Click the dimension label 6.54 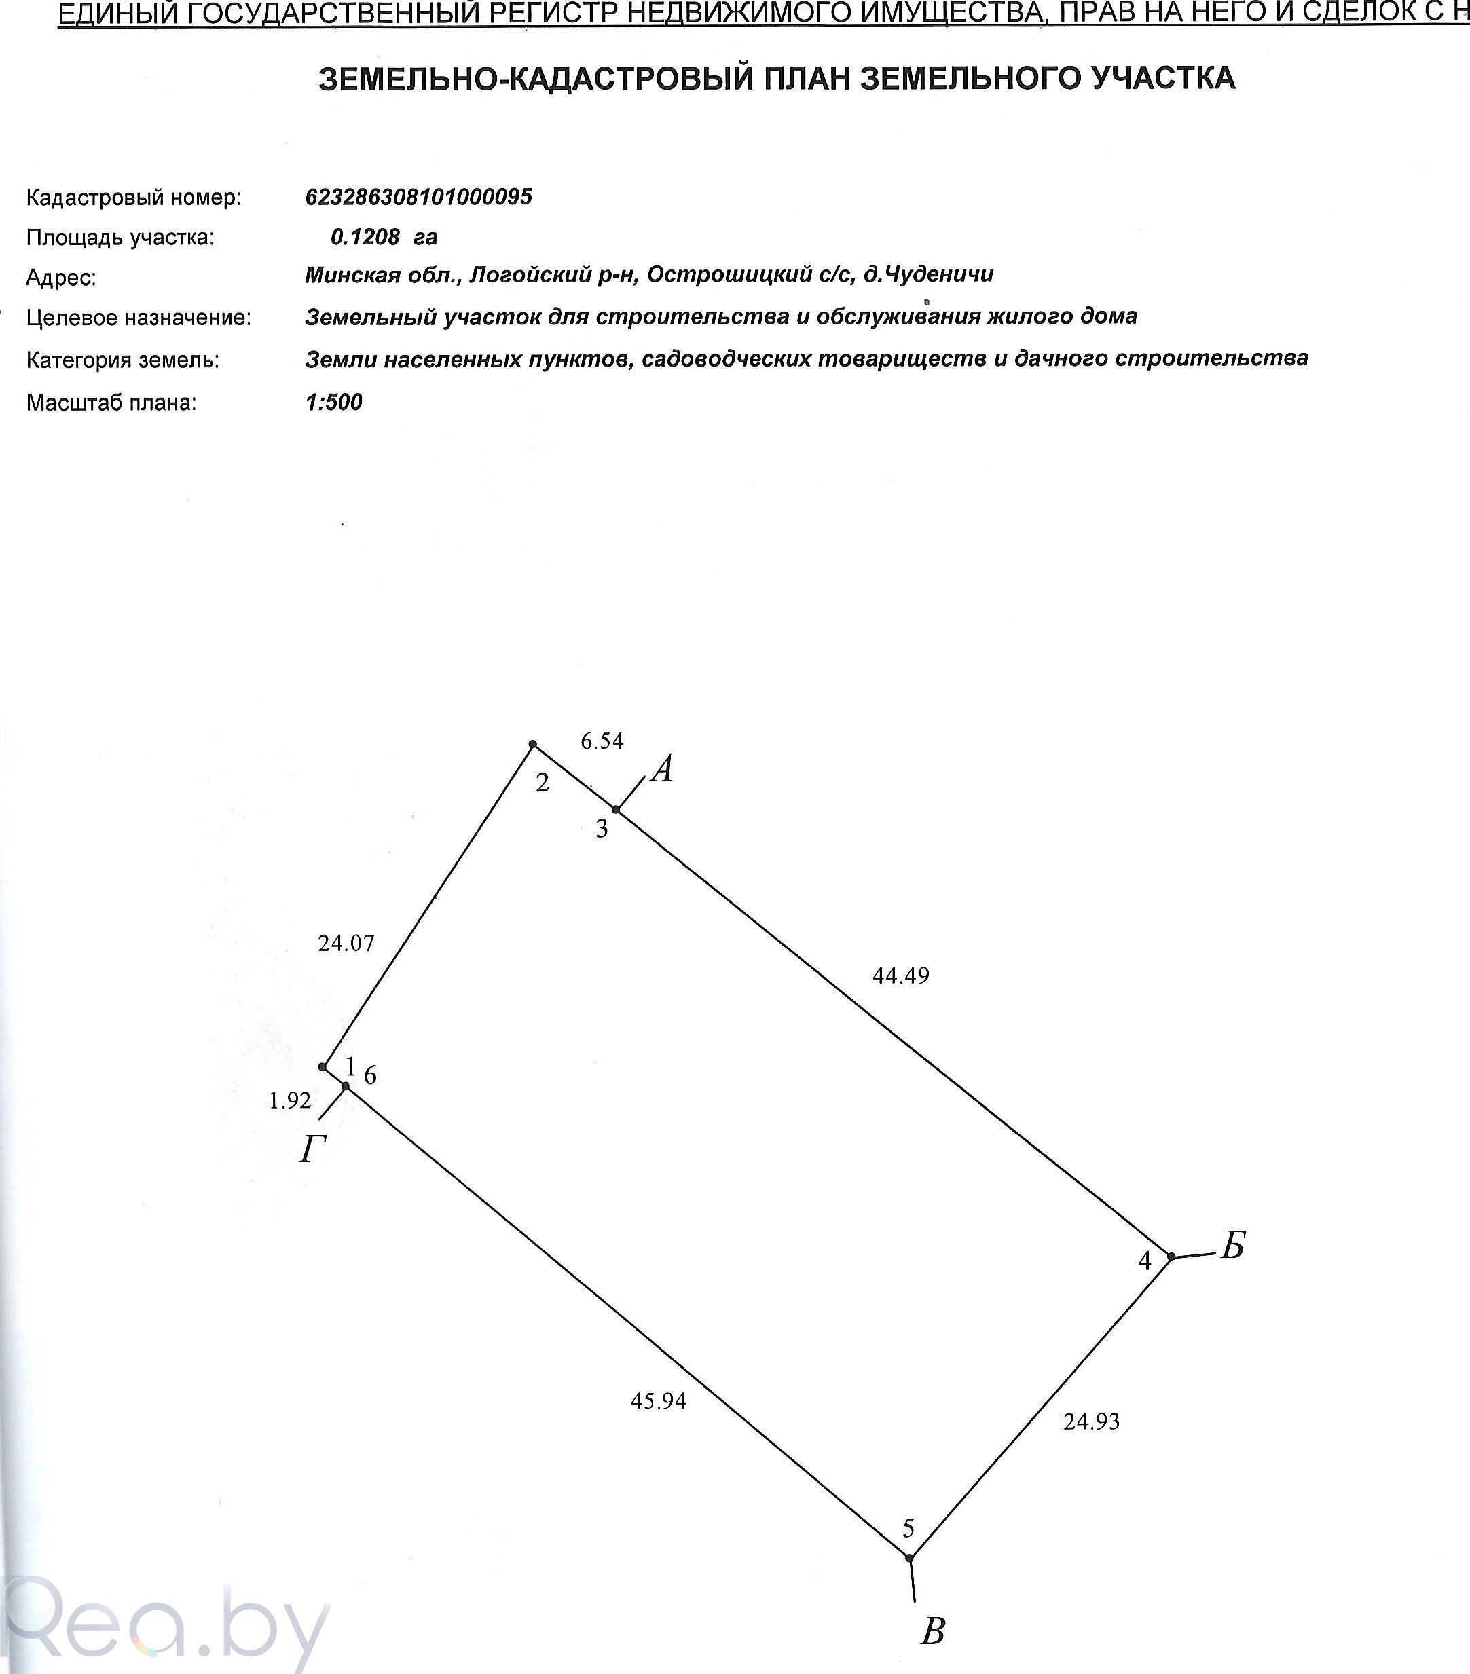[602, 741]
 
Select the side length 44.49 [901, 975]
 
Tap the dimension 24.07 [346, 944]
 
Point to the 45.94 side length [659, 1401]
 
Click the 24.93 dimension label [1092, 1421]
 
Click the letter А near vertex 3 [663, 770]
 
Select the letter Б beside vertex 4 [1232, 1246]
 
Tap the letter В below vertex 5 [933, 1631]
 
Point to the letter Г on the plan [312, 1151]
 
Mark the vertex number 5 [908, 1527]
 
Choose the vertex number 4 [1145, 1261]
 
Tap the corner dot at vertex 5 [909, 1557]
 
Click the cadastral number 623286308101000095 [418, 197]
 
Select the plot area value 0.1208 [365, 238]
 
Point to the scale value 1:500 [334, 402]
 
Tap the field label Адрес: [61, 278]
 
